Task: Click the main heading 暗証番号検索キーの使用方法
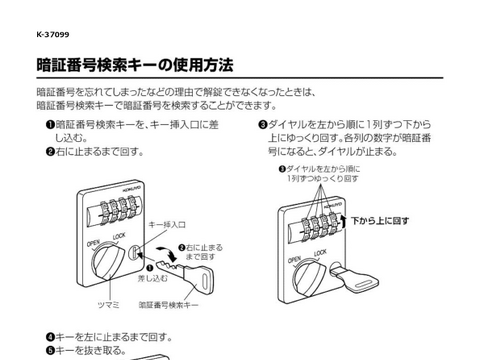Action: pos(134,66)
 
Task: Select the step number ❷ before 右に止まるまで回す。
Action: pos(50,152)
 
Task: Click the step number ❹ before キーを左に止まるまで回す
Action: pos(50,337)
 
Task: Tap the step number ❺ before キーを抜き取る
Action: pos(50,351)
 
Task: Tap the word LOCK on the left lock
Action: pos(119,236)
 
